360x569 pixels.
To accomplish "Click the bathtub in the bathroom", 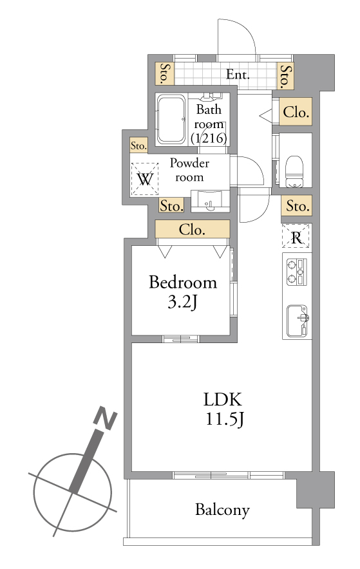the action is pos(171,119).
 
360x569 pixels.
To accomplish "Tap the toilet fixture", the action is pos(294,172).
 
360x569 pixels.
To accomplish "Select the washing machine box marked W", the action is pos(145,179).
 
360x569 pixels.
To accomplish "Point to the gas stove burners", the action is pos(297,272).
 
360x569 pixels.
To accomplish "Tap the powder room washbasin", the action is pos(210,201).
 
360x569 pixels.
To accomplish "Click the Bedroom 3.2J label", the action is pos(183,292).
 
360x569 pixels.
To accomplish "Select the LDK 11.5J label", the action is pos(223,409).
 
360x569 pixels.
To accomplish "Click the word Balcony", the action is pos(222,510).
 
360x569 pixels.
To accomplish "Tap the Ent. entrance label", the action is pos(238,75).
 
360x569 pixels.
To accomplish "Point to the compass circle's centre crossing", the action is pos(73,492).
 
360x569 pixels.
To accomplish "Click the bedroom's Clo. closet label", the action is pos(193,229).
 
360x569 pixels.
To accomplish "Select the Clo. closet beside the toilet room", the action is pos(296,112).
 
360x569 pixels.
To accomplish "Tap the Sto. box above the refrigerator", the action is pos(296,205).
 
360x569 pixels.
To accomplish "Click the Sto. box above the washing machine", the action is pos(138,145).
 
